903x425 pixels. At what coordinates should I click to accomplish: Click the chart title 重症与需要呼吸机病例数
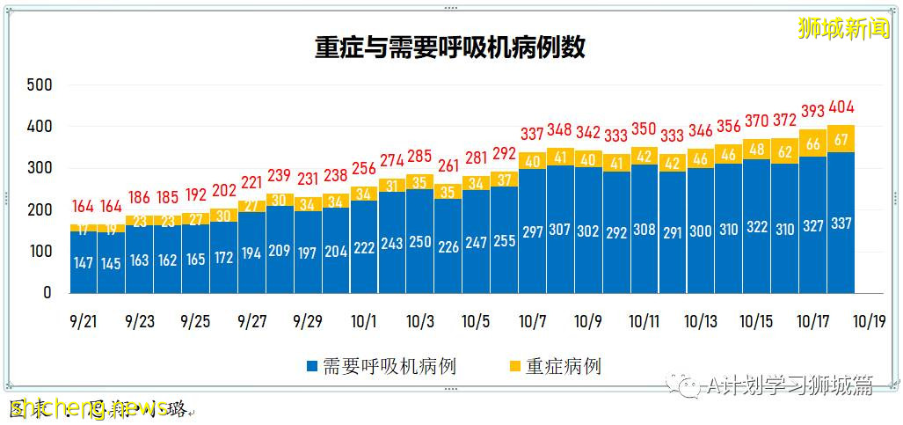coord(450,48)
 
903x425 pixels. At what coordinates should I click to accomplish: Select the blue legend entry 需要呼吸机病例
coord(380,366)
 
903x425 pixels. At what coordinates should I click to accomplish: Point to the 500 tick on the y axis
coord(40,85)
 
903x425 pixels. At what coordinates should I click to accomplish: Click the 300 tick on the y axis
coord(40,168)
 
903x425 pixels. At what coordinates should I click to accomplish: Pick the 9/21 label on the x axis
coord(83,322)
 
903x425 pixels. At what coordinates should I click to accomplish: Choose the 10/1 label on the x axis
coord(364,322)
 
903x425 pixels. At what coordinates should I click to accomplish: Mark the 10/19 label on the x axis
coord(869,322)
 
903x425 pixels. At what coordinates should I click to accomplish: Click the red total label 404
coord(841,107)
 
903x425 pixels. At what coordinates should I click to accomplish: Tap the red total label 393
coord(812,112)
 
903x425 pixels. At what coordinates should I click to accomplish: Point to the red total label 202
coord(223,189)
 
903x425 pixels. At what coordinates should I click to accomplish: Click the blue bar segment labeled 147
coord(83,262)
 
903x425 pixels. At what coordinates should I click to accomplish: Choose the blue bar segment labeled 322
coord(756,226)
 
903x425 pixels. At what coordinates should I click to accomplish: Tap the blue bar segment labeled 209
coord(280,250)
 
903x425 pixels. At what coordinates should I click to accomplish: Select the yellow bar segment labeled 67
coord(841,139)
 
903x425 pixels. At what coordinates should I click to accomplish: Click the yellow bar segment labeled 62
coord(784,150)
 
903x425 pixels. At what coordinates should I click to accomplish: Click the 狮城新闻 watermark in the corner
coord(843,28)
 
